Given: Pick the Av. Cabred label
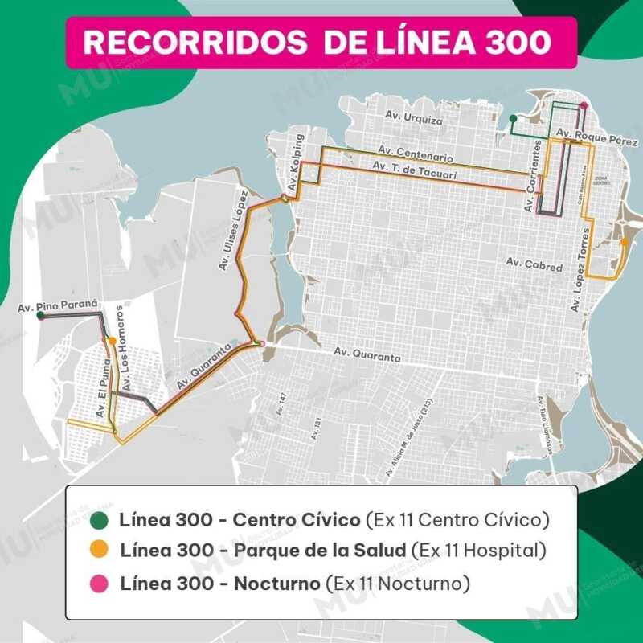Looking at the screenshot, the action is coord(533,264).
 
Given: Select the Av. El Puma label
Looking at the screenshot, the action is coord(102,392).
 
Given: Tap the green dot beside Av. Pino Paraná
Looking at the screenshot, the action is coord(40,316).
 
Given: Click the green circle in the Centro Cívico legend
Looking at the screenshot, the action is coord(100,519).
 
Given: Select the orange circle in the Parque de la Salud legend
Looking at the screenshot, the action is coord(100,551).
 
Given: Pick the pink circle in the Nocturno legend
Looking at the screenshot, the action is coord(100,581).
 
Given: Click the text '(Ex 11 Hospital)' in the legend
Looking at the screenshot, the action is coord(478,551).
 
